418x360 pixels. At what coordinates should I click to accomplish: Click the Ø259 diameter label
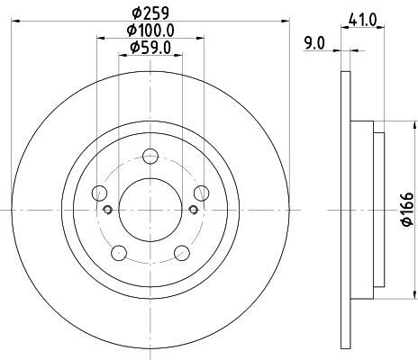pos(150,13)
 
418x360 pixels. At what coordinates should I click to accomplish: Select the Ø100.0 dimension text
pos(150,30)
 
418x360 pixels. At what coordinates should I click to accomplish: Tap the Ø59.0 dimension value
pos(150,48)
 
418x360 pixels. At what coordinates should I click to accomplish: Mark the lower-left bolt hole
pos(117,251)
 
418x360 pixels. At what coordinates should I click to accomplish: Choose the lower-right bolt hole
pos(180,251)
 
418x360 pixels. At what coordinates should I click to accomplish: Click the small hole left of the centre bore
pos(106,211)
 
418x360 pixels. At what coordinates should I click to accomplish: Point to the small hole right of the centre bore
pos(192,211)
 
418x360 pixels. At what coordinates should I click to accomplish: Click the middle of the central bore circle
pos(150,209)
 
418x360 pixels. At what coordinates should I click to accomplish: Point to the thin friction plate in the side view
pos(345,209)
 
